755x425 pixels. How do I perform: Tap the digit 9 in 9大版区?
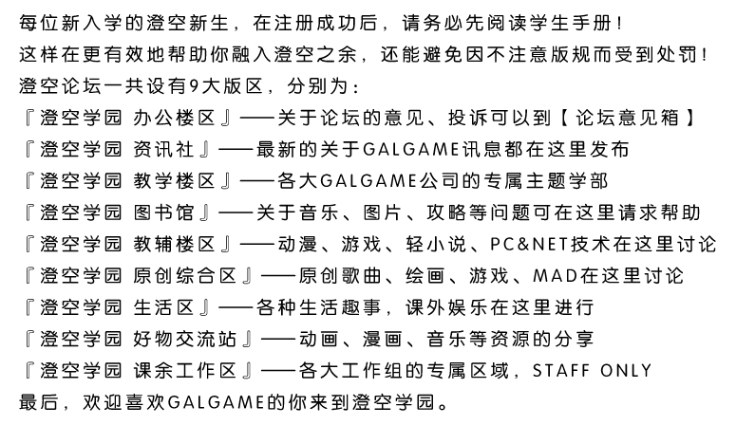pyautogui.click(x=194, y=86)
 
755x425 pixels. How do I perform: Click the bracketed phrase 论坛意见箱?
pyautogui.click(x=627, y=118)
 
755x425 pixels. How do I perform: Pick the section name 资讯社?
pyautogui.click(x=163, y=150)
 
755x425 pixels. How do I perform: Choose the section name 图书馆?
pyautogui.click(x=163, y=212)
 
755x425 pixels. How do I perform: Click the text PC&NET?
pyautogui.click(x=529, y=245)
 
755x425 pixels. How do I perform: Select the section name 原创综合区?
pyautogui.click(x=185, y=276)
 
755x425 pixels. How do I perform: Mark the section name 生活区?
pyautogui.click(x=163, y=307)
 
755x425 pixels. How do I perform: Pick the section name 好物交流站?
pyautogui.click(x=185, y=340)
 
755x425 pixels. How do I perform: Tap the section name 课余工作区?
pyautogui.click(x=185, y=371)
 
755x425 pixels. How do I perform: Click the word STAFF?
pyautogui.click(x=561, y=371)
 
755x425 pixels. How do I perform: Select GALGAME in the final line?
pyautogui.click(x=217, y=403)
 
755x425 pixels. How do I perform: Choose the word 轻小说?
pyautogui.click(x=436, y=244)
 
